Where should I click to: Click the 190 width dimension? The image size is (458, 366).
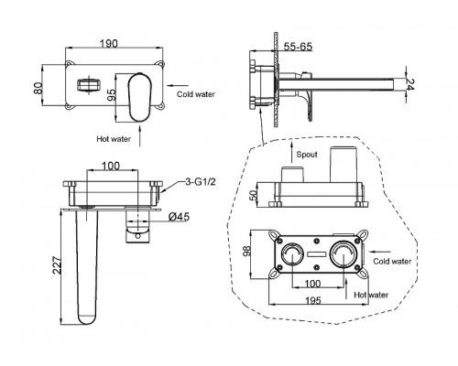(x=109, y=44)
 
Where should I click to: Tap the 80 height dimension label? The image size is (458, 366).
(x=38, y=89)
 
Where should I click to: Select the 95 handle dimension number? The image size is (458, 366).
(x=111, y=95)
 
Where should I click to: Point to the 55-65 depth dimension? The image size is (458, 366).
(x=298, y=47)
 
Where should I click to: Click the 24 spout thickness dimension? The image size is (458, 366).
(x=410, y=84)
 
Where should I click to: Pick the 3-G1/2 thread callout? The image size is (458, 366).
(x=201, y=182)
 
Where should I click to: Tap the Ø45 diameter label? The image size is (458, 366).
(x=179, y=217)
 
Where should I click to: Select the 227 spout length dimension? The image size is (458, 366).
(x=57, y=264)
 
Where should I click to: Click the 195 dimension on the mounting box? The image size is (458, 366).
(x=313, y=301)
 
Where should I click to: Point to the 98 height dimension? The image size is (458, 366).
(x=246, y=251)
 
